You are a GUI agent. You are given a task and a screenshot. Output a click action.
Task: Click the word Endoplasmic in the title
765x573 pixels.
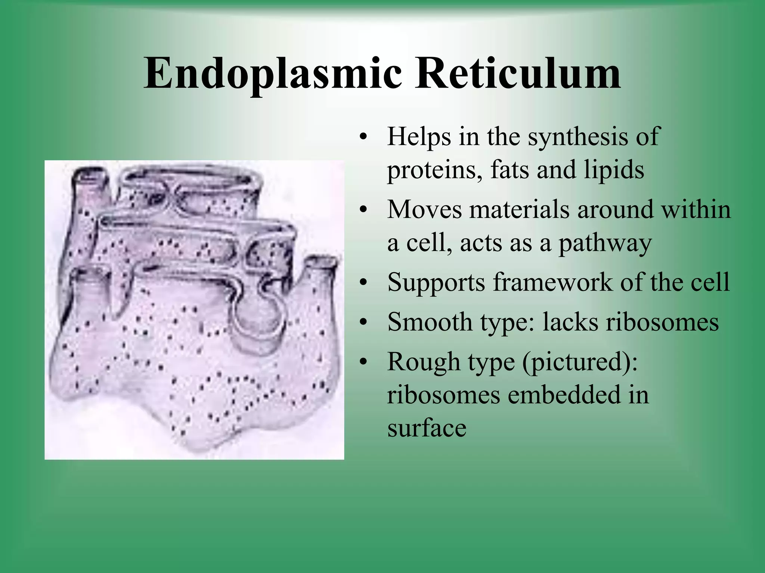(x=273, y=73)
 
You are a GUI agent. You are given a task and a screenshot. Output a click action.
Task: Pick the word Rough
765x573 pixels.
(x=424, y=362)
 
